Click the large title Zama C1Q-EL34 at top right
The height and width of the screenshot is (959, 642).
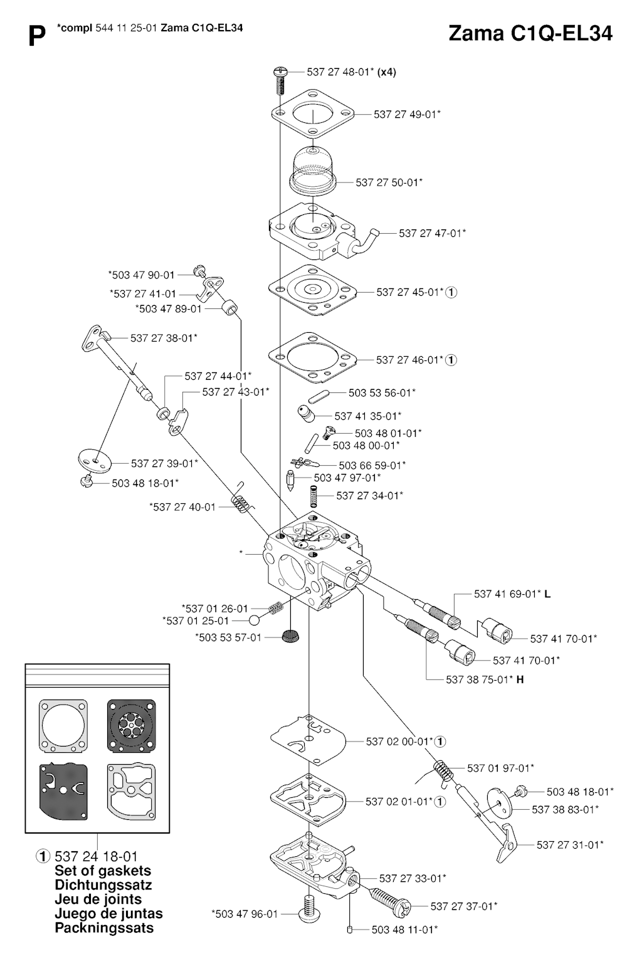pos(530,34)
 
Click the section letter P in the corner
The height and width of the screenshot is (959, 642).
pos(37,38)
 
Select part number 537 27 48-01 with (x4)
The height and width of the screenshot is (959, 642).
pos(351,72)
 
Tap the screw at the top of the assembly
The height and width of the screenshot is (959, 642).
pos(280,77)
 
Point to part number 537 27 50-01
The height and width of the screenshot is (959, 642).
pos(389,182)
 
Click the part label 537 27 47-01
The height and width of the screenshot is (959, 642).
pos(432,233)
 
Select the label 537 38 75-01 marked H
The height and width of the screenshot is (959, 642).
pos(485,679)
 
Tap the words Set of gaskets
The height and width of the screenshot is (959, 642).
pos(103,871)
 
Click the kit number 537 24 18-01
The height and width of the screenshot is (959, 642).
pos(96,856)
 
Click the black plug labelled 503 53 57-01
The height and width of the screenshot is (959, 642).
pos(289,636)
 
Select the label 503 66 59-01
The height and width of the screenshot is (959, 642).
pos(372,465)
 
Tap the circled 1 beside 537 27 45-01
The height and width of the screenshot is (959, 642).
pos(451,292)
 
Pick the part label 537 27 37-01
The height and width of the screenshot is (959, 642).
pos(464,906)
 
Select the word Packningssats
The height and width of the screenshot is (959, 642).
pos(104,928)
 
